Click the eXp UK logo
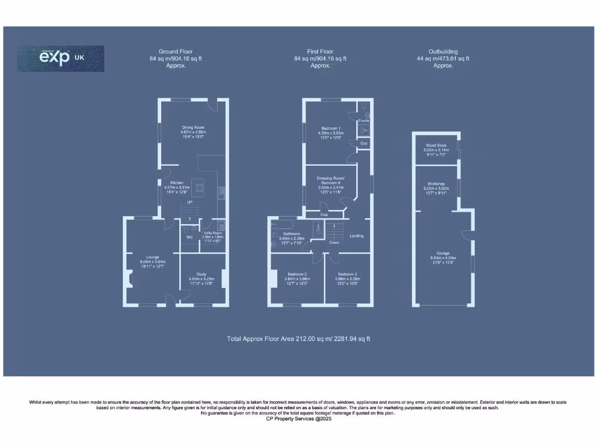point(61,59)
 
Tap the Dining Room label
point(193,127)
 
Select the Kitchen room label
point(168,183)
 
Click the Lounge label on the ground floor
point(152,257)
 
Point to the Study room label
point(201,274)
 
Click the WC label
point(190,237)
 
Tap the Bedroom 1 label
point(331,128)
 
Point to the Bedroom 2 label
point(297,274)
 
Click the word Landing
point(356,236)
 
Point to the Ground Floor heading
point(175,52)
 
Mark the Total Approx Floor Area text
point(299,339)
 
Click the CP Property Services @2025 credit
point(298,418)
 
